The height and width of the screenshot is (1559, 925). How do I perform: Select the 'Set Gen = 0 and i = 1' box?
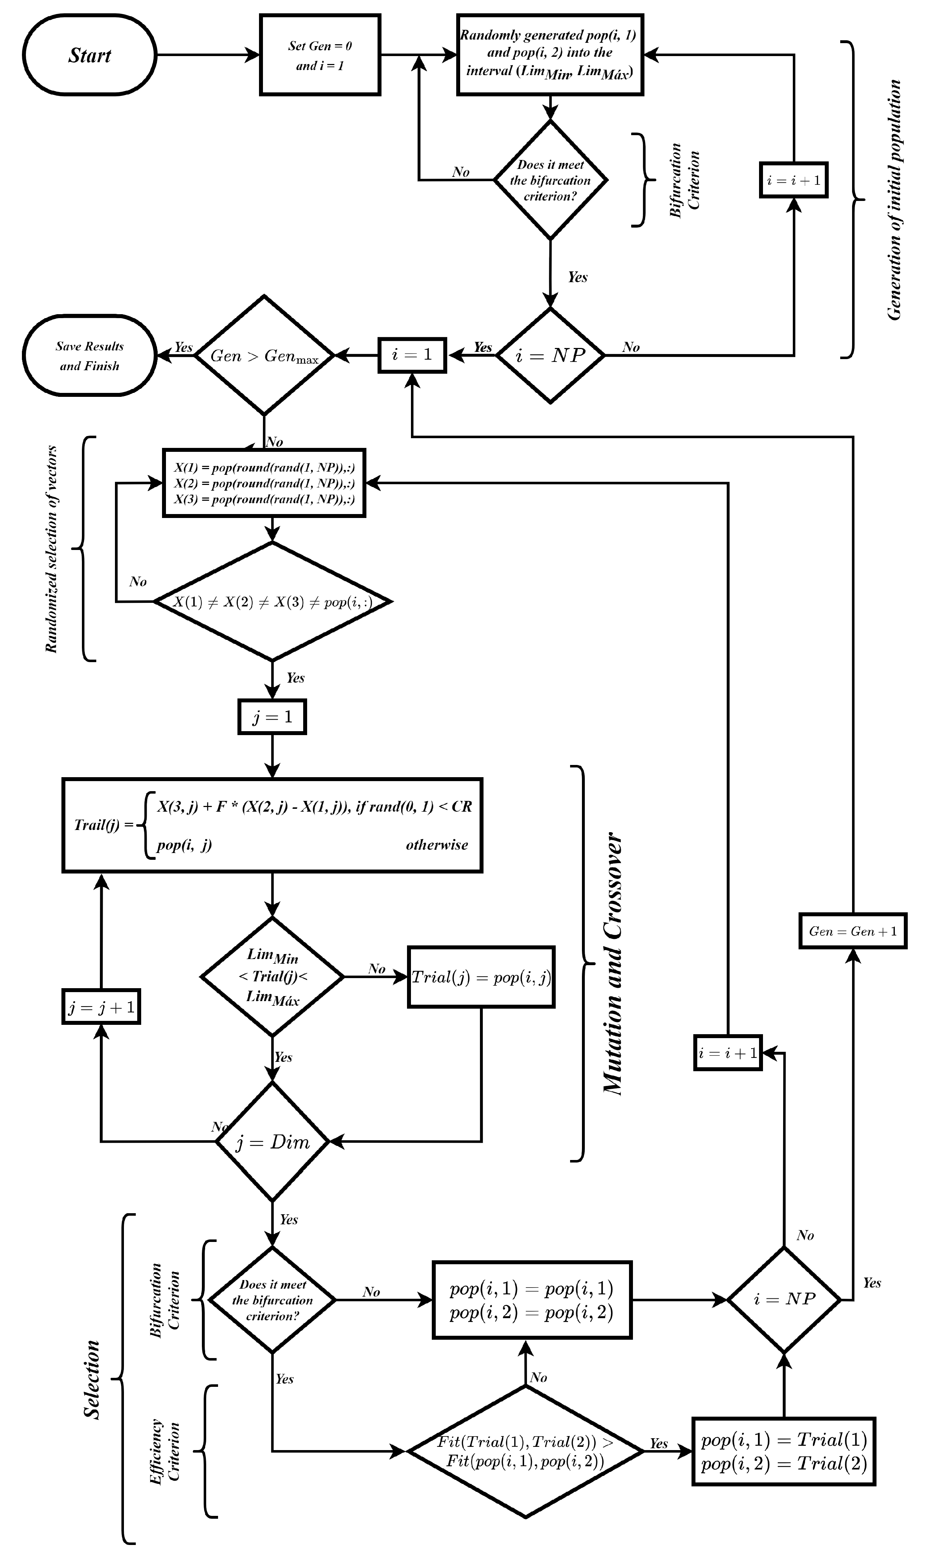pos(320,55)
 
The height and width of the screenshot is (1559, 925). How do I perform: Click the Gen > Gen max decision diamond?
pos(264,356)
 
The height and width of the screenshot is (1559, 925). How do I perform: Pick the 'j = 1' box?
pos(272,717)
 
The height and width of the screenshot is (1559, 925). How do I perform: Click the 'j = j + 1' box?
pos(101,1007)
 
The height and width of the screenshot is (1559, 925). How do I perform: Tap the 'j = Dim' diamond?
pos(272,1142)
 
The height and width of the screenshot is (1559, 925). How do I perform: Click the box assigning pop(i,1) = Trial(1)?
pos(783,1451)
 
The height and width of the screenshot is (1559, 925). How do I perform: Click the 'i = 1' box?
pos(412,356)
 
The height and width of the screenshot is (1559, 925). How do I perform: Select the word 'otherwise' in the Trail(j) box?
pos(436,845)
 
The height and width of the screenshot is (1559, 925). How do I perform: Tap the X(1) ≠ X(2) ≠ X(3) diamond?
pos(272,602)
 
